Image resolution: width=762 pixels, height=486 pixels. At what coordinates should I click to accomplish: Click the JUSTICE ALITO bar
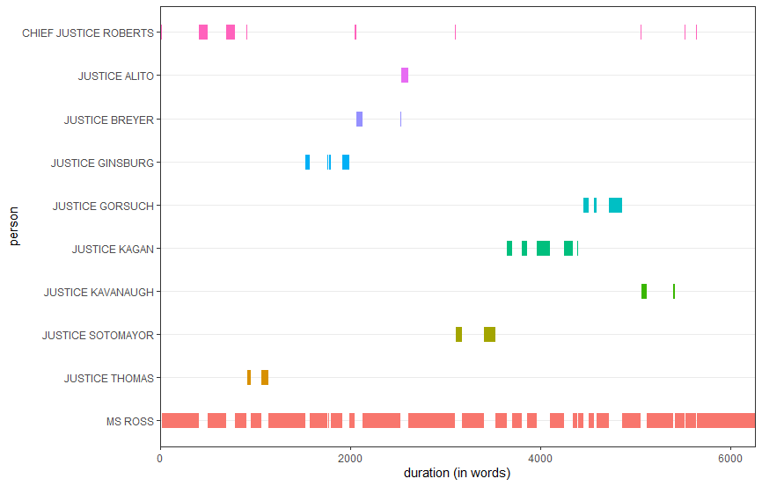[405, 76]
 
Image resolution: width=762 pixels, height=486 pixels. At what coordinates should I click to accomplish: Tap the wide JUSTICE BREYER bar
[359, 119]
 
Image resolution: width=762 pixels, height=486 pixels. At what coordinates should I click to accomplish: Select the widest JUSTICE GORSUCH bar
[615, 205]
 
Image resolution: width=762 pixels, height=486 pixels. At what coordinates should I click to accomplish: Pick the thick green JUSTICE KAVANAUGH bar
[644, 291]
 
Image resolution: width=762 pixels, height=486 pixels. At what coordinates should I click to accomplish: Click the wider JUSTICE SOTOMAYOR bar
[489, 334]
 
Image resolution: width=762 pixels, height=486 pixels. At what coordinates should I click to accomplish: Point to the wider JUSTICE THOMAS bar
[264, 377]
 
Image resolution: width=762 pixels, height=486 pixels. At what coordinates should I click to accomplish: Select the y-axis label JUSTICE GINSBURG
[102, 163]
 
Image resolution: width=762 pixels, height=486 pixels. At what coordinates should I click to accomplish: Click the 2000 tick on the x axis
[350, 457]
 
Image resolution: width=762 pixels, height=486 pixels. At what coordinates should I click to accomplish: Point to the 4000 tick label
[540, 457]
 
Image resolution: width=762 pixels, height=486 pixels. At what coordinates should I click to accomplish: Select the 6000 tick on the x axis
[730, 457]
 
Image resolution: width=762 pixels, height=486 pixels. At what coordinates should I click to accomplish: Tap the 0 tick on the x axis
[160, 457]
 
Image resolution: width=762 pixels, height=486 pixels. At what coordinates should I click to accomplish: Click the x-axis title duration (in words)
[457, 474]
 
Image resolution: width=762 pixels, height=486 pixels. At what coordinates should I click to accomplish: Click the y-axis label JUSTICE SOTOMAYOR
[98, 335]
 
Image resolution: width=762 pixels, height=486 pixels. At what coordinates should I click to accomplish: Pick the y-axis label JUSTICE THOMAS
[109, 378]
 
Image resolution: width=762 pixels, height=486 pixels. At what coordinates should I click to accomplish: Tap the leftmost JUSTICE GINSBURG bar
[307, 162]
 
